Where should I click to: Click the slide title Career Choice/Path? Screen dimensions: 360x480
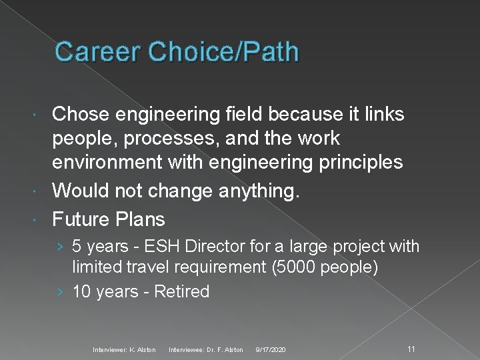point(177,52)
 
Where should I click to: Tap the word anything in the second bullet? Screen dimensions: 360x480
point(256,191)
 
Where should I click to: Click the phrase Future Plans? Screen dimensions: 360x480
point(109,219)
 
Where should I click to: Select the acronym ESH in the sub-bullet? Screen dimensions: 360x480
point(161,247)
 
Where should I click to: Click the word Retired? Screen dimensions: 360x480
point(182,291)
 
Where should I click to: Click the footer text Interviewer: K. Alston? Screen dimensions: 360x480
point(124,350)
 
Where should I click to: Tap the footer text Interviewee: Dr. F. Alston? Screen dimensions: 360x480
point(206,350)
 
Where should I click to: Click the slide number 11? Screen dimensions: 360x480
point(411,349)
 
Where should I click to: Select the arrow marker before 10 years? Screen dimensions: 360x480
point(61,291)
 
